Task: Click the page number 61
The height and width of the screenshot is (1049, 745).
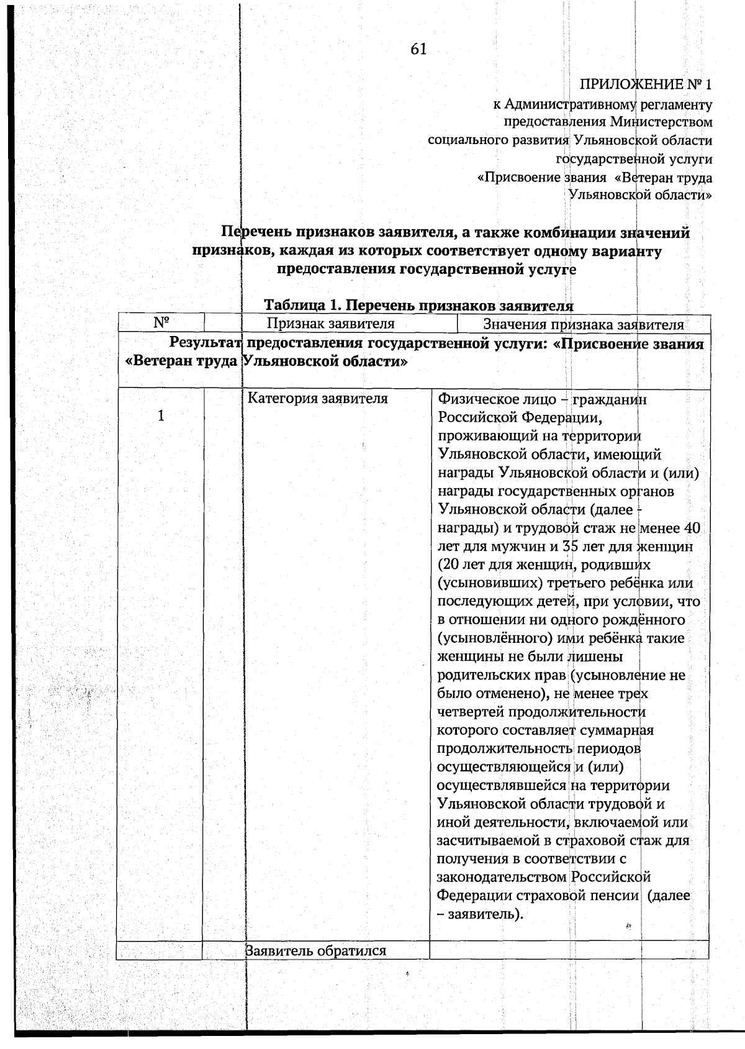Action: (x=418, y=49)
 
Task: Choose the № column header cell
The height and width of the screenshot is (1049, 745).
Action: (x=162, y=323)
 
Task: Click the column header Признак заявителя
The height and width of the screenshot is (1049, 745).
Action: (x=330, y=324)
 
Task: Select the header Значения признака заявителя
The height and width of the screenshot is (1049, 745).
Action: (x=583, y=325)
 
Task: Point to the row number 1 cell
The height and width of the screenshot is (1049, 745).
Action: (x=161, y=416)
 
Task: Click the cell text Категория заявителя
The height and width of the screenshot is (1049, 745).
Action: (x=317, y=399)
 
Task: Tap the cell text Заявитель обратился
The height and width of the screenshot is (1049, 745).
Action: (x=316, y=950)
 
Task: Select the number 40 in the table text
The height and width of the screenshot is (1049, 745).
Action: (x=691, y=529)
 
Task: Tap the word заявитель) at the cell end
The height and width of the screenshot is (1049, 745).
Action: (x=486, y=914)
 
